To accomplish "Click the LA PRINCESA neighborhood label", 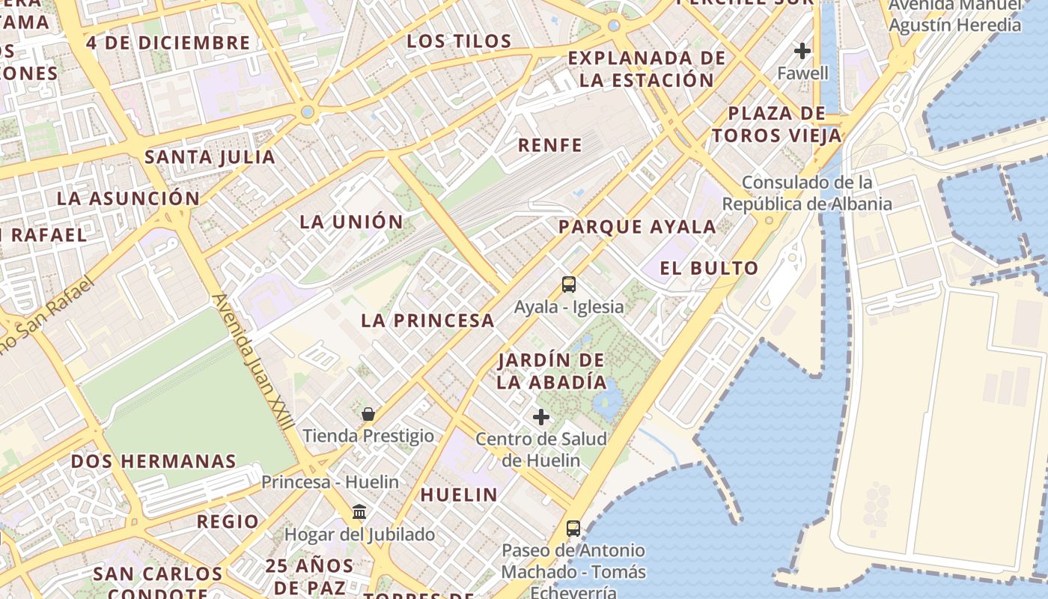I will pyautogui.click(x=427, y=320).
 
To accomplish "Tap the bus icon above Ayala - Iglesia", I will pyautogui.click(x=569, y=285).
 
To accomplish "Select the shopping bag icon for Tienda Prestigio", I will pyautogui.click(x=368, y=414).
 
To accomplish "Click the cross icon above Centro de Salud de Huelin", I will pyautogui.click(x=541, y=417).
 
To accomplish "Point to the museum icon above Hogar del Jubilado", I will pyautogui.click(x=359, y=512).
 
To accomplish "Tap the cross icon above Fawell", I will pyautogui.click(x=802, y=51).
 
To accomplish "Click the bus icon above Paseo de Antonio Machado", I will pyautogui.click(x=573, y=529).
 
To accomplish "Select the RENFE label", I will pyautogui.click(x=550, y=145).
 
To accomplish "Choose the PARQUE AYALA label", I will pyautogui.click(x=637, y=227).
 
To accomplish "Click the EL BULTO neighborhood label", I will pyautogui.click(x=709, y=268).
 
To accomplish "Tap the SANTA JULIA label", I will pyautogui.click(x=210, y=157).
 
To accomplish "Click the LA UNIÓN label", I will pyautogui.click(x=351, y=222).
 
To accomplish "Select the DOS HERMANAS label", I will pyautogui.click(x=153, y=461).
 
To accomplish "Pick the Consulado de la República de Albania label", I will pyautogui.click(x=807, y=193).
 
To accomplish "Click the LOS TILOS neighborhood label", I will pyautogui.click(x=459, y=41).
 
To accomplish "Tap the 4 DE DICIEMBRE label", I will pyautogui.click(x=168, y=43).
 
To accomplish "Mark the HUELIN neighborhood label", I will pyautogui.click(x=459, y=494).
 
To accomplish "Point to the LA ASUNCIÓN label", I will pyautogui.click(x=129, y=198).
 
